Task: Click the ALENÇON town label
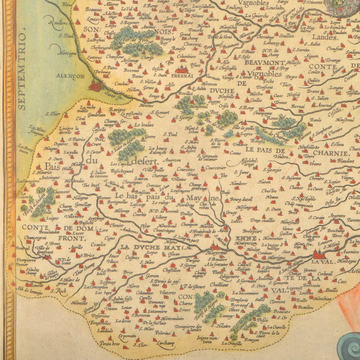pos(70,76)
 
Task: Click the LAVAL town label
pos(320,262)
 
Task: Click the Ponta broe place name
pos(110,343)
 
